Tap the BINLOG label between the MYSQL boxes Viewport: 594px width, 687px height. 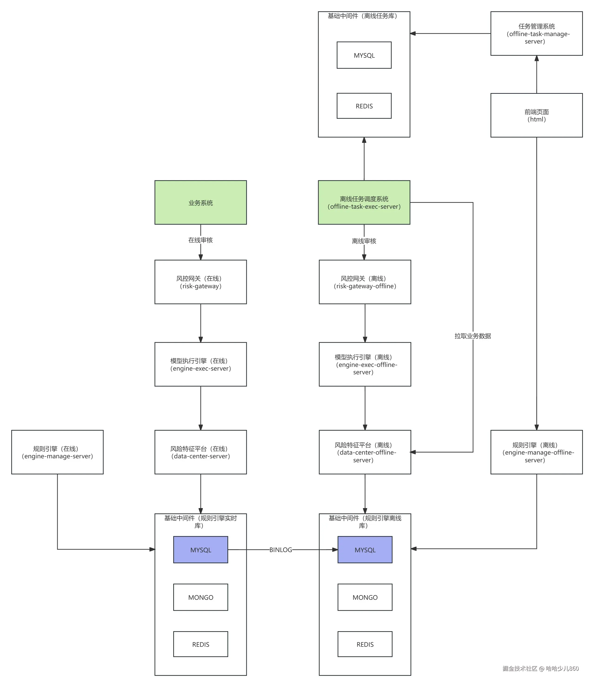(x=280, y=550)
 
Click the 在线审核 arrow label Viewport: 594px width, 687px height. (x=200, y=240)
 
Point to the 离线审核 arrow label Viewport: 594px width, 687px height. (x=364, y=241)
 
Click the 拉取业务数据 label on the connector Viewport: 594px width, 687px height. (x=473, y=336)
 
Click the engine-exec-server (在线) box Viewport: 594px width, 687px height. (x=200, y=364)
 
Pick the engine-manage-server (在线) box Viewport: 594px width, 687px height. (x=57, y=452)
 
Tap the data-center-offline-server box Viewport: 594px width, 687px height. (x=365, y=452)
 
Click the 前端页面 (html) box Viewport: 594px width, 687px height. (x=536, y=115)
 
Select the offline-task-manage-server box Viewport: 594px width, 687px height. (x=536, y=34)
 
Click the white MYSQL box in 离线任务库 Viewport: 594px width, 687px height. (x=364, y=55)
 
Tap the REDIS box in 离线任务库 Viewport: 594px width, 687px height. (x=364, y=106)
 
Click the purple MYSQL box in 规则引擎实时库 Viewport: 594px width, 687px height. (x=200, y=550)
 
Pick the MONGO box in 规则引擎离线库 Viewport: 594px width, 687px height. (x=365, y=597)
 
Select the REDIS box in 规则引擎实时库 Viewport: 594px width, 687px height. (x=200, y=644)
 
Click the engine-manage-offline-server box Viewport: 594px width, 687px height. (x=536, y=452)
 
